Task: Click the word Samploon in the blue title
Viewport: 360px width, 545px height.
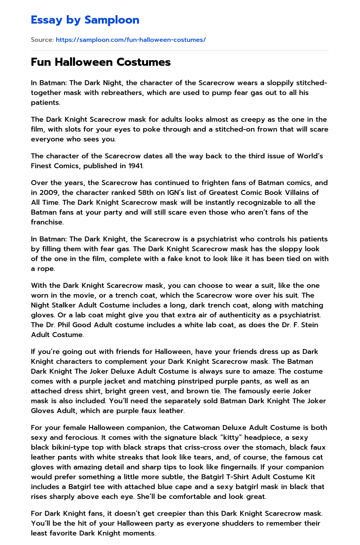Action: pyautogui.click(x=112, y=20)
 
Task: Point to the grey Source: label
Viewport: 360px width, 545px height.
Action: pyautogui.click(x=42, y=40)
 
